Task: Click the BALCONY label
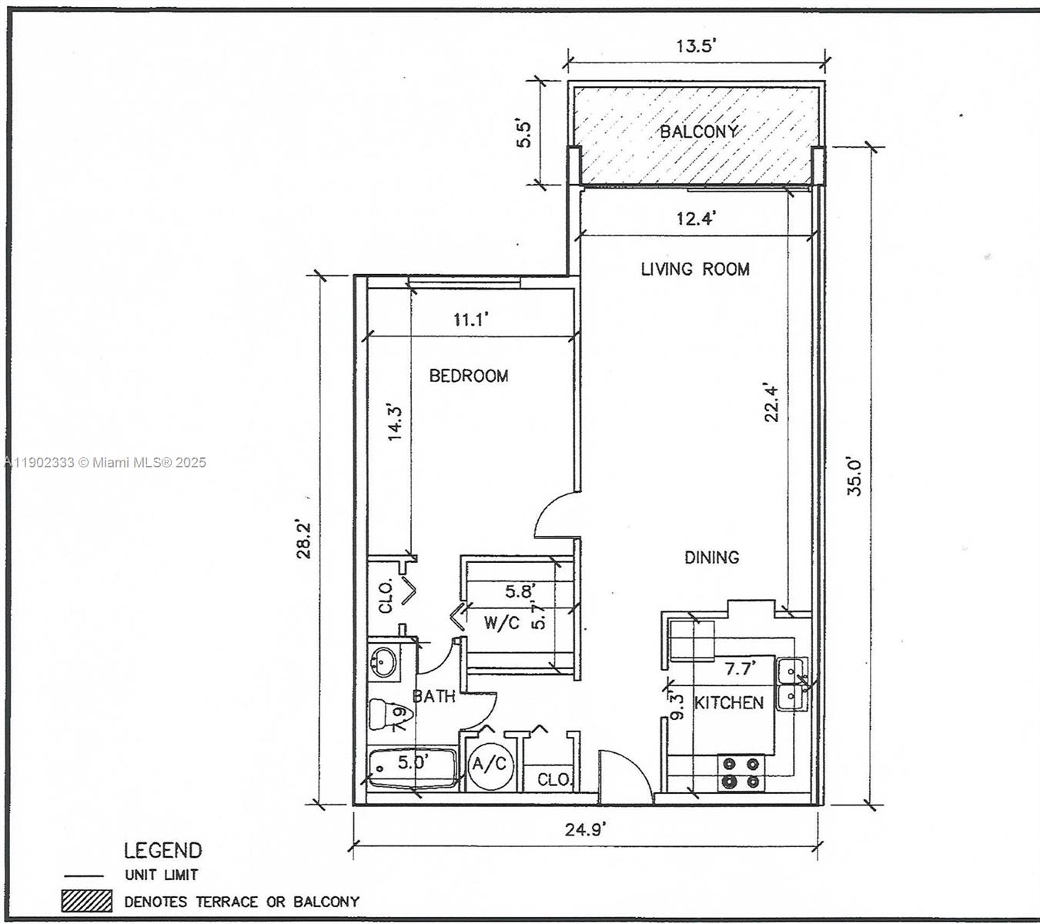(698, 132)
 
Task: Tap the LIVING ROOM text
(695, 269)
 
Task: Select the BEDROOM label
(468, 376)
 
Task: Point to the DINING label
(711, 557)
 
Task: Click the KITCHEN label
(729, 702)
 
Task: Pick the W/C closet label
(501, 623)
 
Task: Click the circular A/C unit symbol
(489, 765)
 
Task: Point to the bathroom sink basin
(383, 661)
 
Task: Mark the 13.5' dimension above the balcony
(696, 45)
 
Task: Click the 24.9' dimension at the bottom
(586, 829)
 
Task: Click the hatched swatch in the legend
(87, 901)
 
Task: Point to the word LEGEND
(162, 850)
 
